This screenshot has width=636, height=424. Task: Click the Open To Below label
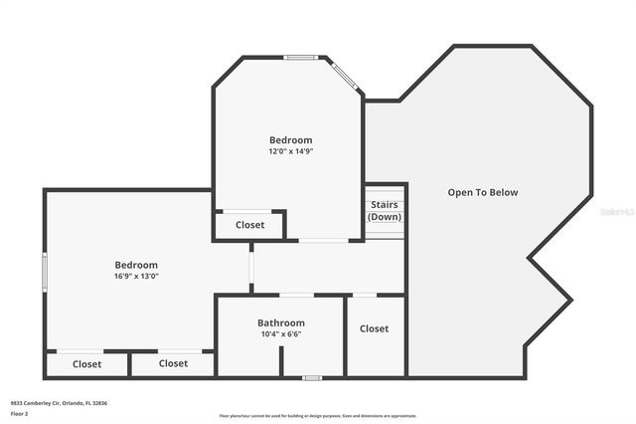tap(483, 192)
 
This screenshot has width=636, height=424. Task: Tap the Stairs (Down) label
tap(385, 211)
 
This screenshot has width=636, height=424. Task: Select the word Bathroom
tap(281, 322)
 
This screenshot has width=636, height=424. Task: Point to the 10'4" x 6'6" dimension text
tap(281, 334)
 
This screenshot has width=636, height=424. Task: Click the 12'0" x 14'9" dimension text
tap(290, 152)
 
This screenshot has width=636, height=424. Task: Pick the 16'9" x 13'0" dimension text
tap(136, 276)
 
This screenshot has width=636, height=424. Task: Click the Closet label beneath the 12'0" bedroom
tap(250, 225)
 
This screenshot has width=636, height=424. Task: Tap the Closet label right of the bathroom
tap(375, 328)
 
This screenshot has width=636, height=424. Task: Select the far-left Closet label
tap(87, 364)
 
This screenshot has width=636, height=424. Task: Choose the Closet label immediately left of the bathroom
tap(174, 363)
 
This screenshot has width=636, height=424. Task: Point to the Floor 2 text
tap(20, 413)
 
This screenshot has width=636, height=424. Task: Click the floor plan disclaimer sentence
tap(318, 416)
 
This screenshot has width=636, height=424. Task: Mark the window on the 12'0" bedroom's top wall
tap(300, 57)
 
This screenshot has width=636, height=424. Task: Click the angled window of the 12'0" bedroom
tap(345, 77)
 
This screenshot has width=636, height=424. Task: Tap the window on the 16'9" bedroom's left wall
tap(44, 270)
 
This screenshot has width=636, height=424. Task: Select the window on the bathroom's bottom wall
tap(312, 377)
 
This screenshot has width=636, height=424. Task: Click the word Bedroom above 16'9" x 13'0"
tap(136, 265)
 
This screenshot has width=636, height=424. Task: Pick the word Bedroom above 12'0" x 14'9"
tap(290, 140)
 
